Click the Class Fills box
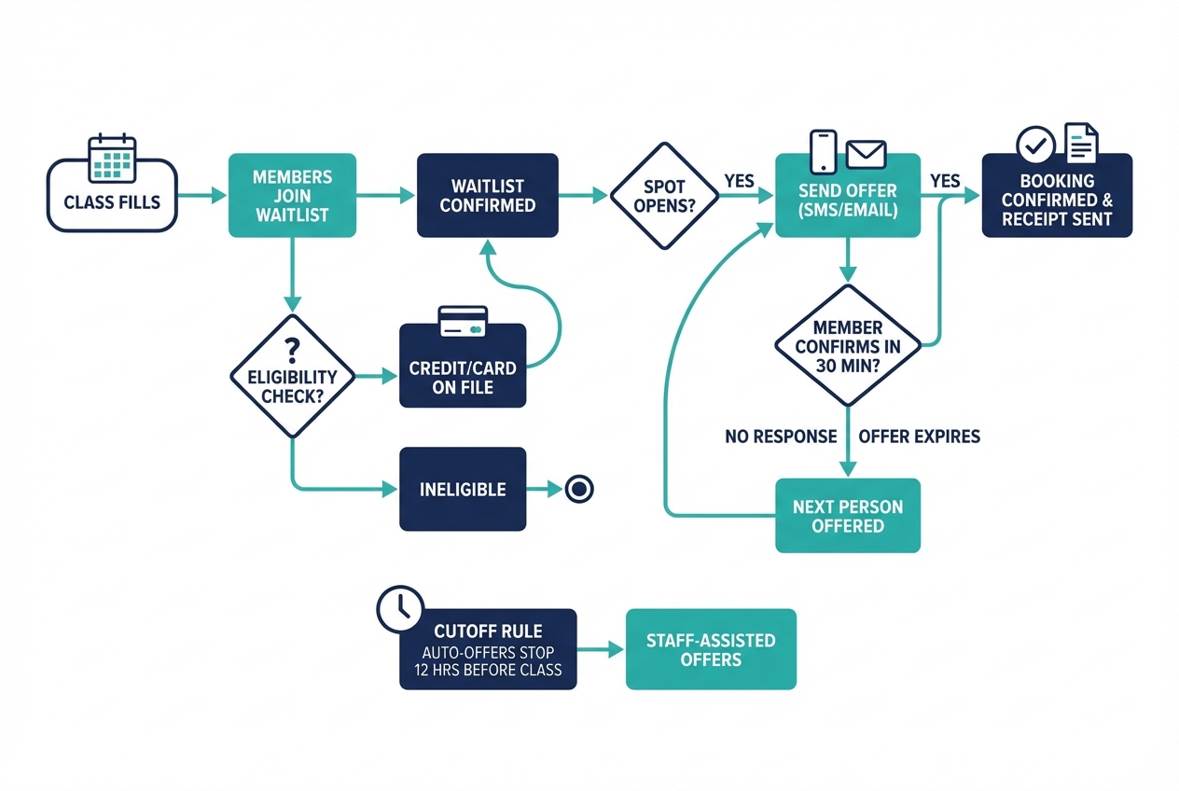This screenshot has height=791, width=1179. [112, 201]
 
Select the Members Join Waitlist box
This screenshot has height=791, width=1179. [292, 196]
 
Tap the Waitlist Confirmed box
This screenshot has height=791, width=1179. [487, 196]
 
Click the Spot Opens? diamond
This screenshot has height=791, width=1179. [664, 196]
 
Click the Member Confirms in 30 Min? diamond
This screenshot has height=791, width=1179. [848, 345]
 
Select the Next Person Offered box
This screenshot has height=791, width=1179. [848, 516]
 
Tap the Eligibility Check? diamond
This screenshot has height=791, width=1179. [292, 376]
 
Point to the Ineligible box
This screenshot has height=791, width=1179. [463, 489]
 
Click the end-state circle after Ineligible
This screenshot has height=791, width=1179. [579, 489]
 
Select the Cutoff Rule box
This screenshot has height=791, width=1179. [488, 650]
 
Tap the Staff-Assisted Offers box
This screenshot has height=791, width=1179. [711, 649]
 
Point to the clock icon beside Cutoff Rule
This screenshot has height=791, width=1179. [399, 609]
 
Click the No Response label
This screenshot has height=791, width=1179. [781, 437]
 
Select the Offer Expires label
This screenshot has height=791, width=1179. [919, 437]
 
